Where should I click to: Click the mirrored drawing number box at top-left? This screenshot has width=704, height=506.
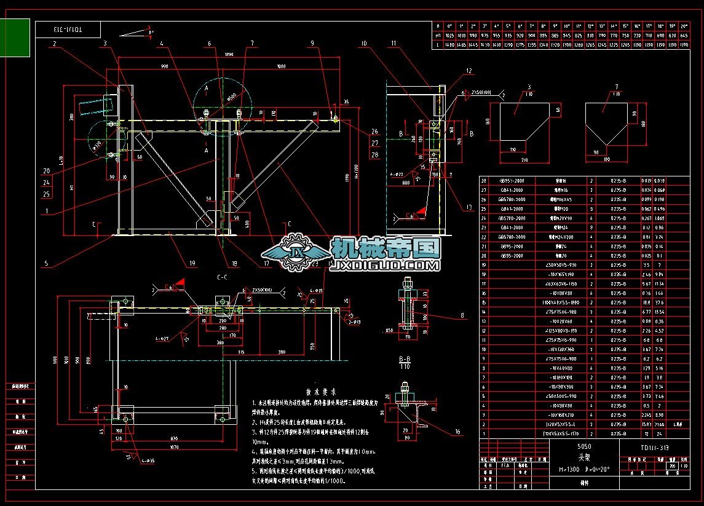click(68, 30)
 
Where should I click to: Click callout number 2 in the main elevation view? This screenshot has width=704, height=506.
click(54, 44)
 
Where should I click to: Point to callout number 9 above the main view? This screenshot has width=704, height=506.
click(312, 44)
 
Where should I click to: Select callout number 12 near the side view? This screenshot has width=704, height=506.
click(469, 71)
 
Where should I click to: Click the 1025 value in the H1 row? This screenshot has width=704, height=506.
click(449, 36)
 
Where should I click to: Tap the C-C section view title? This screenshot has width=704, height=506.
click(221, 277)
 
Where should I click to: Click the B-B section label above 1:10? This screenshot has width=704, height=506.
click(404, 357)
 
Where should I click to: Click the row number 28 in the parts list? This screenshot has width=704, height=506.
click(484, 181)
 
